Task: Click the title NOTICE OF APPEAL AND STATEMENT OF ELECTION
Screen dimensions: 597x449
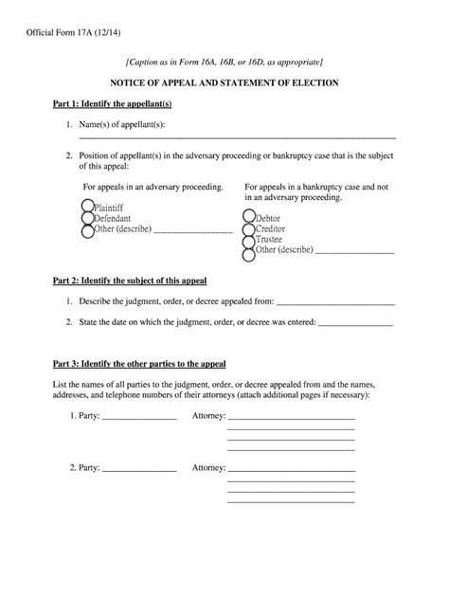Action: (x=225, y=83)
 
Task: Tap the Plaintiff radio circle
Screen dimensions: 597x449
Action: (x=87, y=206)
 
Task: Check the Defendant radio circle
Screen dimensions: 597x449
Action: (x=87, y=217)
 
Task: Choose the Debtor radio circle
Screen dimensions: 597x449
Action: (x=248, y=217)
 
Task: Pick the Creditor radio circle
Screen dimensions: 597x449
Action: (x=248, y=228)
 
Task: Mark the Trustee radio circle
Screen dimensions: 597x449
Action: (x=248, y=240)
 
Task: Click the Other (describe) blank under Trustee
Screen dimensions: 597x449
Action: (x=353, y=253)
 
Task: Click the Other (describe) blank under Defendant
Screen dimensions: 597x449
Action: (x=192, y=230)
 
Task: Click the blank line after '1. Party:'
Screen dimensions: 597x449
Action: (x=139, y=418)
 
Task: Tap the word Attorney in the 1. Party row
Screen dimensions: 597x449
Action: (x=208, y=416)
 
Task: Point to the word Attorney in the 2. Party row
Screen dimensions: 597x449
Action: (x=208, y=468)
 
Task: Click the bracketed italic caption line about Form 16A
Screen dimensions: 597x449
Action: (x=224, y=61)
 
